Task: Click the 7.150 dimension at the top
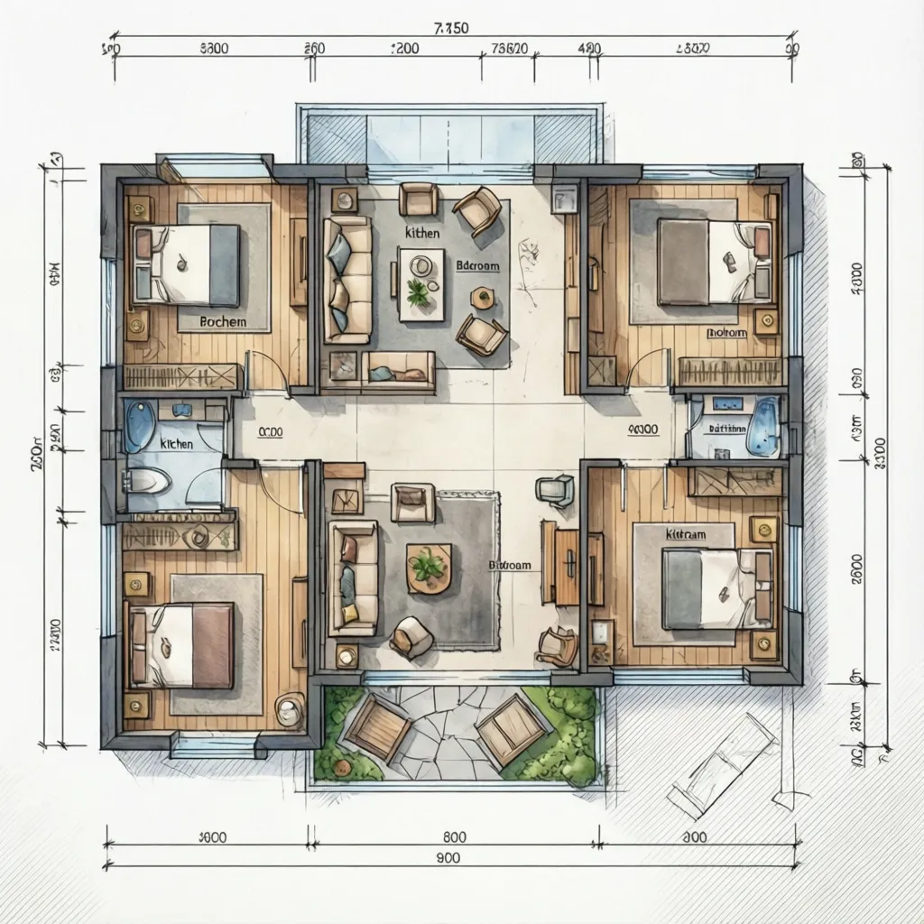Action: (x=451, y=28)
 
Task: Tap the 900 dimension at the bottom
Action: (x=448, y=857)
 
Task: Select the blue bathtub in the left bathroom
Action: (x=139, y=425)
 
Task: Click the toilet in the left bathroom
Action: (x=150, y=483)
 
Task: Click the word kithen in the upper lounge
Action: (x=422, y=233)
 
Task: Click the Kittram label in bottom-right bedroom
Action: (x=686, y=534)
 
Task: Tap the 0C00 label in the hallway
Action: (x=271, y=432)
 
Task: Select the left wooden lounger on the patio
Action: (x=377, y=725)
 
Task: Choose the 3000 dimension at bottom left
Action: (x=211, y=836)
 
